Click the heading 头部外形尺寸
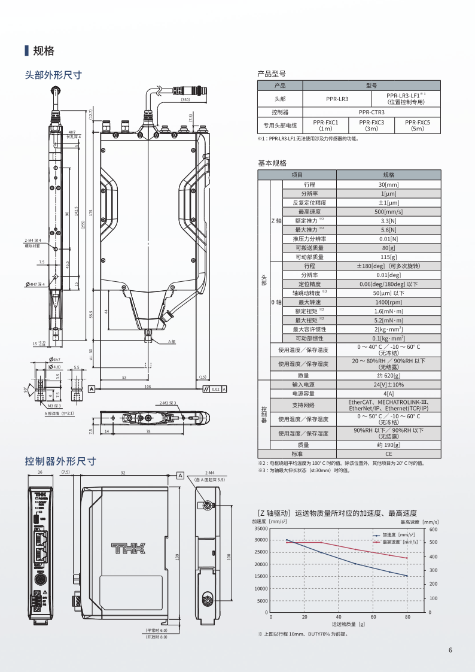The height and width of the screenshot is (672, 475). click(53, 75)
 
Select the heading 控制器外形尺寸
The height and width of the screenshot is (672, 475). click(60, 461)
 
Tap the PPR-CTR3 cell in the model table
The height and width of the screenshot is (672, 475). click(372, 112)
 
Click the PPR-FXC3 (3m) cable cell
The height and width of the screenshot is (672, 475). click(372, 125)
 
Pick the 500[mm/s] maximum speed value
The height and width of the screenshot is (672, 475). click(388, 212)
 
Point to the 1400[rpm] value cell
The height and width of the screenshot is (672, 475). click(388, 302)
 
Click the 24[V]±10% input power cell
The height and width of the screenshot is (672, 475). click(388, 384)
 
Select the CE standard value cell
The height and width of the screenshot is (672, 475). click(388, 454)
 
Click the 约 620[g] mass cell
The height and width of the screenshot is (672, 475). click(388, 375)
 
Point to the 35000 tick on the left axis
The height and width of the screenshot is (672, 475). click(260, 528)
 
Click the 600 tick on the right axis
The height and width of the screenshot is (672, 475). click(434, 529)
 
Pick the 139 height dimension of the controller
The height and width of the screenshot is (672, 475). click(177, 557)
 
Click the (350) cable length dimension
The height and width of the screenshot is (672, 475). click(185, 100)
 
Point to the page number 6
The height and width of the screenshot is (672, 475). click(450, 651)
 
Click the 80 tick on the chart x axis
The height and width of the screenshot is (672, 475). click(407, 617)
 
